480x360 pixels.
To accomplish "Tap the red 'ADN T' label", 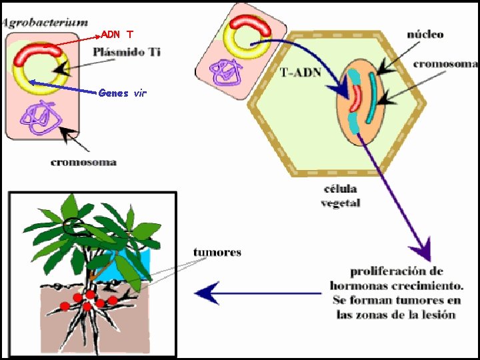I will coord(117,34).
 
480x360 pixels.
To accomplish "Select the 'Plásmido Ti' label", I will coord(127,51).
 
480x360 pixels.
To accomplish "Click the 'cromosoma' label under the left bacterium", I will coord(83,162).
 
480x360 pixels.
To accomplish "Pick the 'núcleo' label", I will coord(425,34).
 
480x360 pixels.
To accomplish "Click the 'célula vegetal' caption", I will coord(340,197).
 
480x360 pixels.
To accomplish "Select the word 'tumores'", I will coord(217,252).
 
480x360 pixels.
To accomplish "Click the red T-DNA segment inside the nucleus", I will coord(357,97).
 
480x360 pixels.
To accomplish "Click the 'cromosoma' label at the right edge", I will coord(445,64).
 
